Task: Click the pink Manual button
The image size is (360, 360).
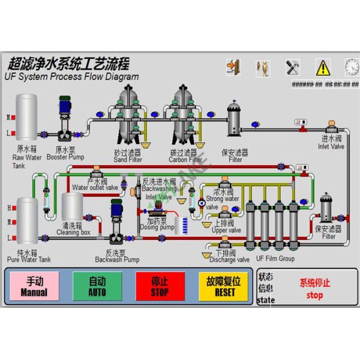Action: [x=34, y=286]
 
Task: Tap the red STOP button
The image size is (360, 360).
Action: [x=160, y=286]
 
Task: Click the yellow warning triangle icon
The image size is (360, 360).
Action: [x=323, y=66]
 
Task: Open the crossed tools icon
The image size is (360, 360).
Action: [x=293, y=66]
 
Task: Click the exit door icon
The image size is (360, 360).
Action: [x=233, y=66]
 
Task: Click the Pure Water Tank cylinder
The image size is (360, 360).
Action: [x=27, y=220]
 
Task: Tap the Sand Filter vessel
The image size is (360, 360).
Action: [x=127, y=114]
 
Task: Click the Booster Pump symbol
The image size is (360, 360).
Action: [x=65, y=120]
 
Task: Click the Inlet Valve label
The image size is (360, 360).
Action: [x=331, y=146]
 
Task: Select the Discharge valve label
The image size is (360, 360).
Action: [x=229, y=260]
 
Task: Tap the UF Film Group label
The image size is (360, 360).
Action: [x=275, y=259]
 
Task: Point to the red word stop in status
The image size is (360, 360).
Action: [x=314, y=295]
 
